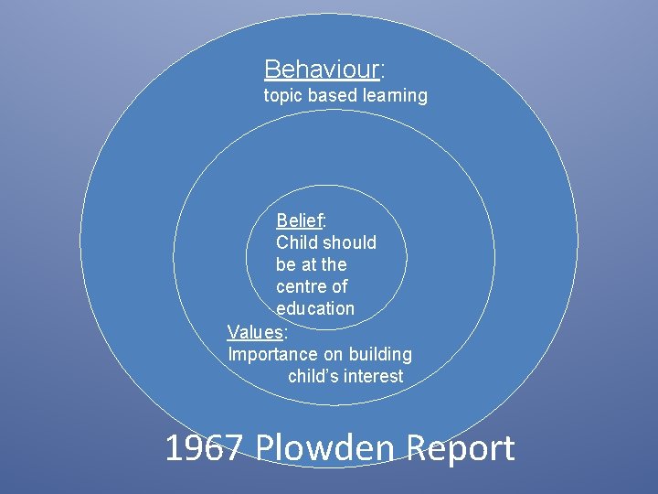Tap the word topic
click(283, 96)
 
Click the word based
click(334, 95)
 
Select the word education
click(315, 308)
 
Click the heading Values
click(255, 331)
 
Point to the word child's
click(313, 376)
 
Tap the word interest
click(373, 376)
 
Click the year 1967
click(204, 448)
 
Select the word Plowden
click(327, 448)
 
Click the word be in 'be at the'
click(286, 264)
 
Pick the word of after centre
click(339, 286)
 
